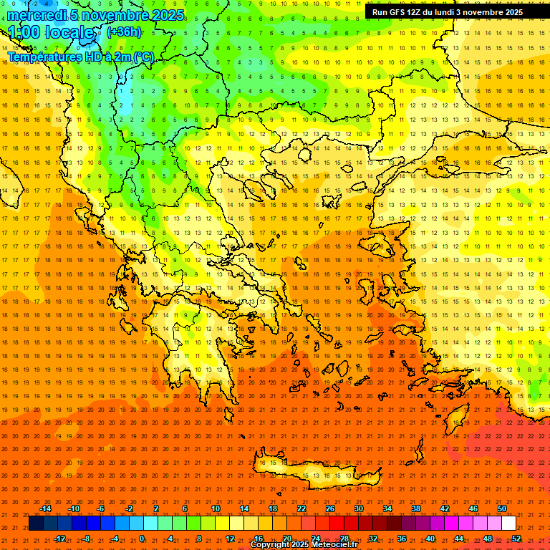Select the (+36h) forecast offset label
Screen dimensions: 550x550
124,32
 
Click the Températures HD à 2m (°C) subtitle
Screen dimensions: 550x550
80,57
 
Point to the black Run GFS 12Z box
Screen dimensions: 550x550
448,12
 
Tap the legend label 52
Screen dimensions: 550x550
516,539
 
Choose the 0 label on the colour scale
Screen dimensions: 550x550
141,539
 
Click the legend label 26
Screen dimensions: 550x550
330,508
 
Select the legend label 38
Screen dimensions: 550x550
416,508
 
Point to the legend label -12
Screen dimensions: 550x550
59,539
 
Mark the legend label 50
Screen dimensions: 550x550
502,508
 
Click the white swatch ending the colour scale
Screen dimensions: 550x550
508,524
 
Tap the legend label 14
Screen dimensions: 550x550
244,508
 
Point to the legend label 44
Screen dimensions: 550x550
459,539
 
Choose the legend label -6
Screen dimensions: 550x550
101,508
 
